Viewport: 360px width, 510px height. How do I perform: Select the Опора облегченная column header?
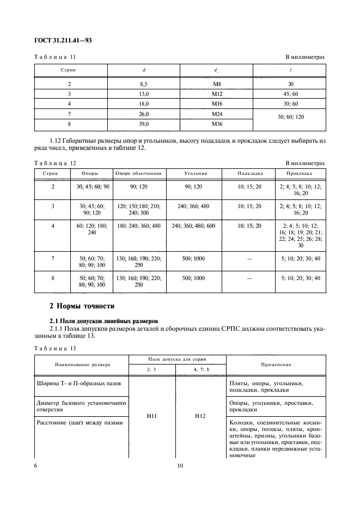coord(138,173)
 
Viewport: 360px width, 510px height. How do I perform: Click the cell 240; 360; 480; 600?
coord(194,226)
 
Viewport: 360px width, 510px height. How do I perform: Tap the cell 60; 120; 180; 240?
coord(90,229)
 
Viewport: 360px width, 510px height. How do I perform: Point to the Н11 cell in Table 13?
coord(152,415)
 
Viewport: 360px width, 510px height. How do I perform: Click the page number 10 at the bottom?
coord(180,466)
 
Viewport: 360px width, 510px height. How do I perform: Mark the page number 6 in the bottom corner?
coord(36,466)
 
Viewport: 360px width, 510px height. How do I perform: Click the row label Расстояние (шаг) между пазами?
coord(79,423)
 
